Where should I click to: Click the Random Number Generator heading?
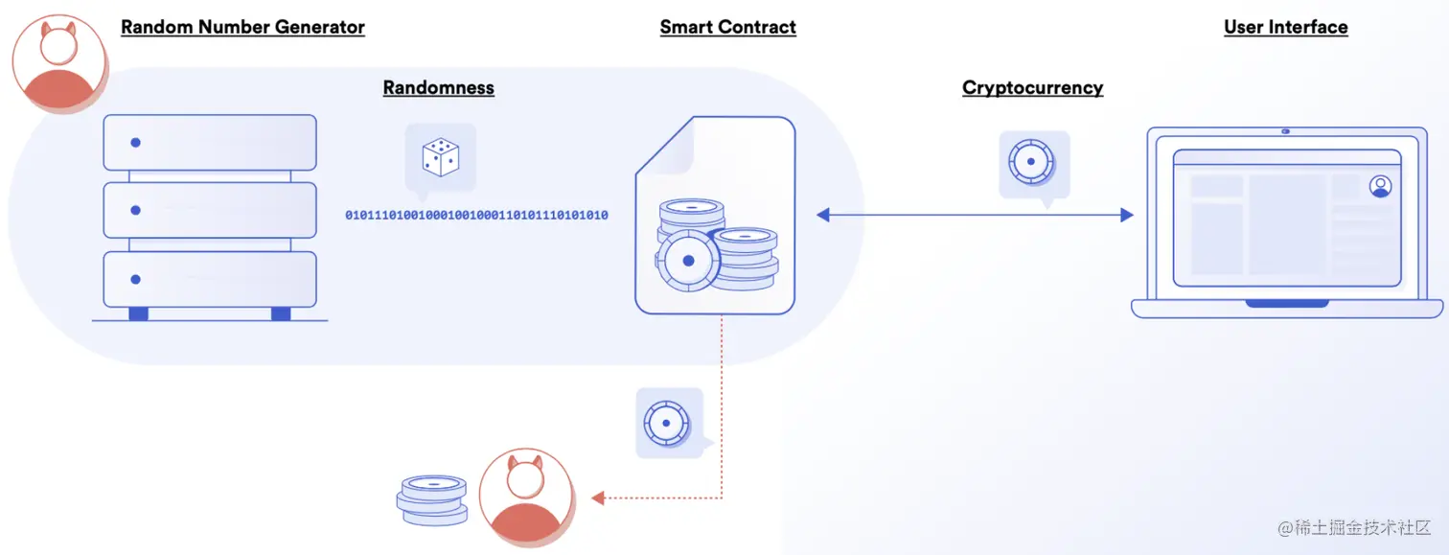point(242,27)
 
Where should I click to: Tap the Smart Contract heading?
point(727,27)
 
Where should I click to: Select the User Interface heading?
point(1285,27)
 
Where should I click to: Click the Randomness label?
point(438,87)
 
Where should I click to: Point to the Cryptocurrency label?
point(1032,87)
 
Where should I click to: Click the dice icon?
point(440,157)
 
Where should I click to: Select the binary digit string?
point(476,216)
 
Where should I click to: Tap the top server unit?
point(210,142)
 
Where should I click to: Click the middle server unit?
point(210,210)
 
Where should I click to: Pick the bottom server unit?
point(210,279)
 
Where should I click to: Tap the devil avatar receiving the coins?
point(526,497)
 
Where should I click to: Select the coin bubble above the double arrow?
point(1032,163)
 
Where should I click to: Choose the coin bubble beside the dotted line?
point(669,422)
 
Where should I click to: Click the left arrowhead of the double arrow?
point(822,216)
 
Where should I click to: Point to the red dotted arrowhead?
point(597,497)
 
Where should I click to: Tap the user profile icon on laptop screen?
point(1380,186)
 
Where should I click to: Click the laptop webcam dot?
point(1285,131)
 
